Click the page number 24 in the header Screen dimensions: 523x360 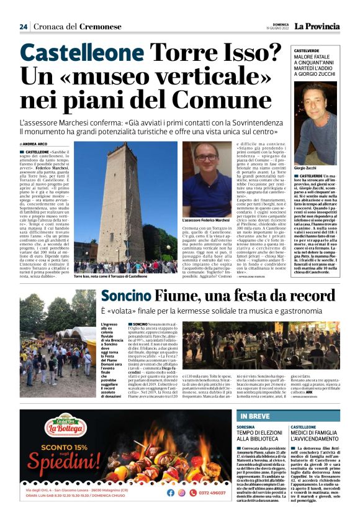[x=24, y=26]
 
